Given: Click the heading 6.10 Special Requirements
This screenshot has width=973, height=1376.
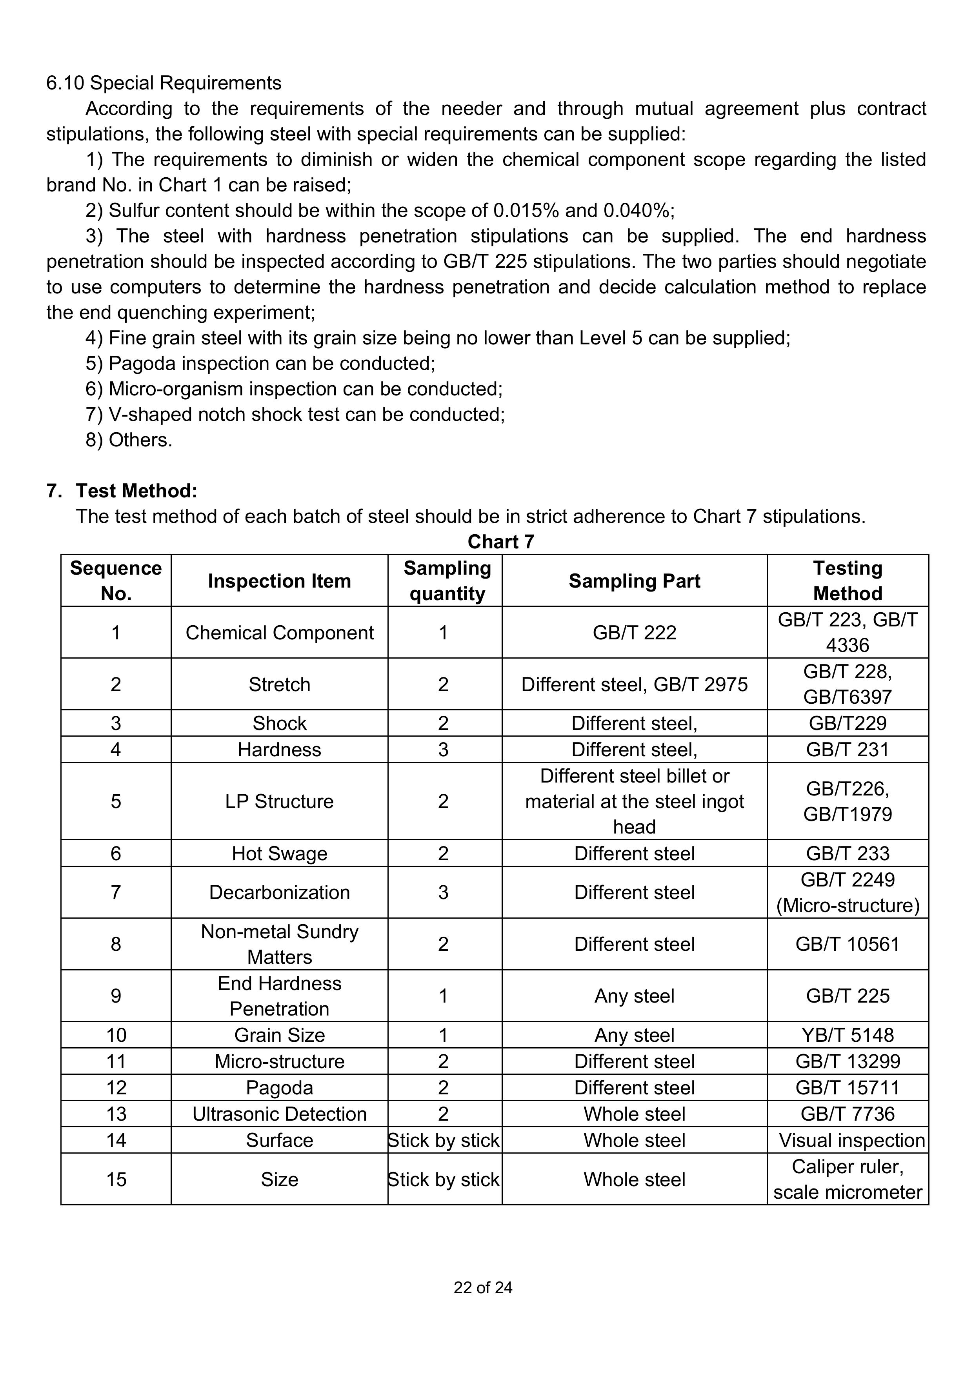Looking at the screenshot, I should click(x=164, y=83).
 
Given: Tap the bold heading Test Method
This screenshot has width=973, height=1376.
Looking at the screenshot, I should click(x=136, y=491).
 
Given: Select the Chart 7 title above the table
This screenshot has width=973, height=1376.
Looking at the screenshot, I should click(x=500, y=542).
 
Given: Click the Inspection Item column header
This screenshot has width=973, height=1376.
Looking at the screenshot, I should click(x=279, y=581).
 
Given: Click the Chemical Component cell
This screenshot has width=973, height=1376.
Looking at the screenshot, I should click(x=279, y=633).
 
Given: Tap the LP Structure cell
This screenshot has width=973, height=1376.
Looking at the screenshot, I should click(x=279, y=801).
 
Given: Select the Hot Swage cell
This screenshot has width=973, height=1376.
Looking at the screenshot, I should click(x=279, y=854).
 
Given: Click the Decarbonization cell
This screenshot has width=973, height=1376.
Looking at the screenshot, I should click(x=279, y=892).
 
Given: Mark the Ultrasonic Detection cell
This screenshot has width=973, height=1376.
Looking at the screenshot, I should click(x=279, y=1114).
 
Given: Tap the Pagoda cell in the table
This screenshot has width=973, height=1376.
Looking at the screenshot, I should click(x=279, y=1088).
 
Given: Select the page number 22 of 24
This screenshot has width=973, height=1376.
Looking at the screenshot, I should click(x=483, y=1288).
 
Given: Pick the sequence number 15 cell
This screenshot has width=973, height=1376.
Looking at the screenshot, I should click(x=116, y=1179).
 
